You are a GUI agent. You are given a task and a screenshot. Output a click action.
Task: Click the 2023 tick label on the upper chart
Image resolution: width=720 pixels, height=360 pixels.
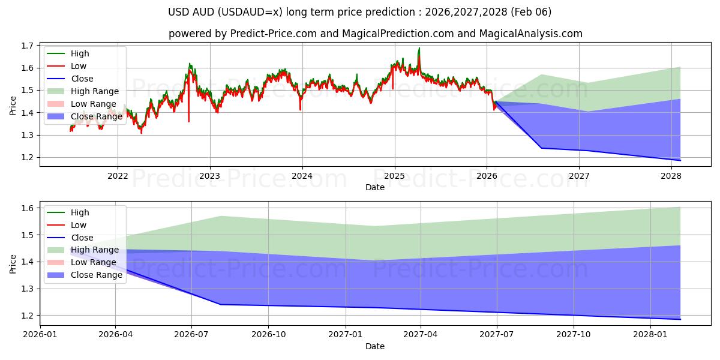click(209, 176)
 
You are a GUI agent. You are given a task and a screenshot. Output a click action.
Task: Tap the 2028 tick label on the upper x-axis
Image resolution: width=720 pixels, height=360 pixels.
click(671, 176)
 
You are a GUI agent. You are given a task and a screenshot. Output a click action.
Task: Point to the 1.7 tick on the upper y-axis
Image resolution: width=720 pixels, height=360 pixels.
click(26, 46)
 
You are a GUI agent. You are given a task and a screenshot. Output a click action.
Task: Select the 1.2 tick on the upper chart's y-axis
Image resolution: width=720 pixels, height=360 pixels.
click(26, 157)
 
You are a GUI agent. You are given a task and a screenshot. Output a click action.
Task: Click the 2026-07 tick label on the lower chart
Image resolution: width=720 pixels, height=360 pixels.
click(191, 334)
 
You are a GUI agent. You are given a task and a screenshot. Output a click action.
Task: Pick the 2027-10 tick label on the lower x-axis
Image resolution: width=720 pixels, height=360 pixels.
click(574, 334)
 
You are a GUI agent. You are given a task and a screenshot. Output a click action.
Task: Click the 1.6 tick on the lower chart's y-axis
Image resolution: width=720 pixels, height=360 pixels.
click(26, 208)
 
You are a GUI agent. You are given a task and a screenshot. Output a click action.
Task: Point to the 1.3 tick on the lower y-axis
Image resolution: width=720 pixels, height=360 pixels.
click(26, 289)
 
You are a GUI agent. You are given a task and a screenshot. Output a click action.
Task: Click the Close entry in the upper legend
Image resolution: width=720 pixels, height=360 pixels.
click(82, 79)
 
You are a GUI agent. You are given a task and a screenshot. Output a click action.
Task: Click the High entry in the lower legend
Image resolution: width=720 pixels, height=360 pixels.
click(80, 212)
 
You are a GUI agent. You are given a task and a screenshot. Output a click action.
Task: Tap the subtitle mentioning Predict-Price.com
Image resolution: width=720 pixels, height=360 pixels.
click(376, 34)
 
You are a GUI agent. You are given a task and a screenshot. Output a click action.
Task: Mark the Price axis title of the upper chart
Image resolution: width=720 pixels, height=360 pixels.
click(13, 106)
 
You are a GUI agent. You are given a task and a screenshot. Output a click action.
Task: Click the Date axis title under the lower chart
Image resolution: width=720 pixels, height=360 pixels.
click(375, 346)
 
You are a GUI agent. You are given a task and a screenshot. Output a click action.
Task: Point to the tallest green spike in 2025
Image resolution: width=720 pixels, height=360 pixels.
click(419, 49)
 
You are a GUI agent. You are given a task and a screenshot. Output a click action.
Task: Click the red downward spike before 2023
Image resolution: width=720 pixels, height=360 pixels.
click(189, 121)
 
